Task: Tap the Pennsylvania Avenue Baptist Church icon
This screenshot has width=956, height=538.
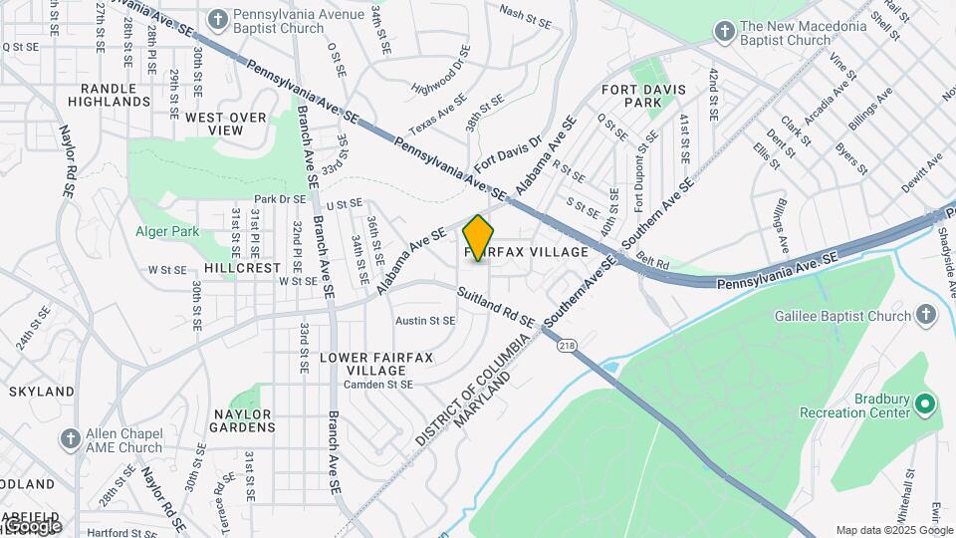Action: (218, 19)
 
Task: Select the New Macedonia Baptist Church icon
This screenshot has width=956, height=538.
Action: (725, 33)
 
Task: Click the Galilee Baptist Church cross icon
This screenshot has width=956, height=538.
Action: (926, 316)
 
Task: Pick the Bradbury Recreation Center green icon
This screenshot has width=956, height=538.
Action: (925, 404)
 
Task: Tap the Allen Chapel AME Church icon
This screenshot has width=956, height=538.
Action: (70, 438)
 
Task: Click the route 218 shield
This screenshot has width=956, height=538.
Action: (567, 346)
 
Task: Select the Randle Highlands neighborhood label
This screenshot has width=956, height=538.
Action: (116, 96)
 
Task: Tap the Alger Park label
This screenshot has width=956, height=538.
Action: (167, 232)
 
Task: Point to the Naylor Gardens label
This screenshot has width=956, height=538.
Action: (242, 420)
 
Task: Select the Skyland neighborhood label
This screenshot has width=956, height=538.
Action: (42, 392)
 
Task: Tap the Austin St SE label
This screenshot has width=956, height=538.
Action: (425, 321)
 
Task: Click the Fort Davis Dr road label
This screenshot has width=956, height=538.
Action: (506, 153)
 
